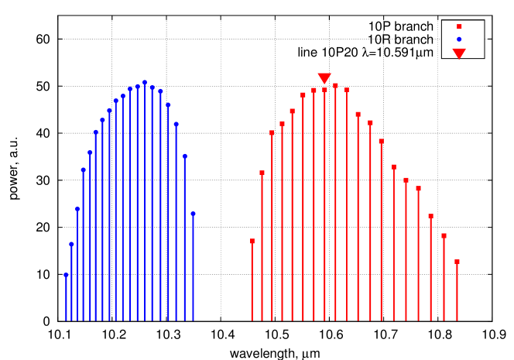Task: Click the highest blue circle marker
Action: [145, 82]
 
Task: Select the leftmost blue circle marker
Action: [66, 275]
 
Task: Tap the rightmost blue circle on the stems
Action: [193, 214]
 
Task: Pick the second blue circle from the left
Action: [71, 244]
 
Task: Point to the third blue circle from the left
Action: [77, 208]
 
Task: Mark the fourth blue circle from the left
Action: [84, 170]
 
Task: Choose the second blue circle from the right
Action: [185, 156]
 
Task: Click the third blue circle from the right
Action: [176, 124]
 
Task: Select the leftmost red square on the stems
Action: [252, 241]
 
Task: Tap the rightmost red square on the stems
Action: [457, 262]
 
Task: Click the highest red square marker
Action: [335, 85]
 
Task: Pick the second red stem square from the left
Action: [262, 173]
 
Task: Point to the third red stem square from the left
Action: [272, 132]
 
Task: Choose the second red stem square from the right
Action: [444, 235]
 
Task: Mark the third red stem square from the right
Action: [430, 216]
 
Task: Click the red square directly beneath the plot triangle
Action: [324, 90]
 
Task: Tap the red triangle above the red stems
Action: [324, 78]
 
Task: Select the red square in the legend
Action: [459, 26]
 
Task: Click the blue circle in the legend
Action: [459, 39]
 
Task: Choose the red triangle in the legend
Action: [459, 53]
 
